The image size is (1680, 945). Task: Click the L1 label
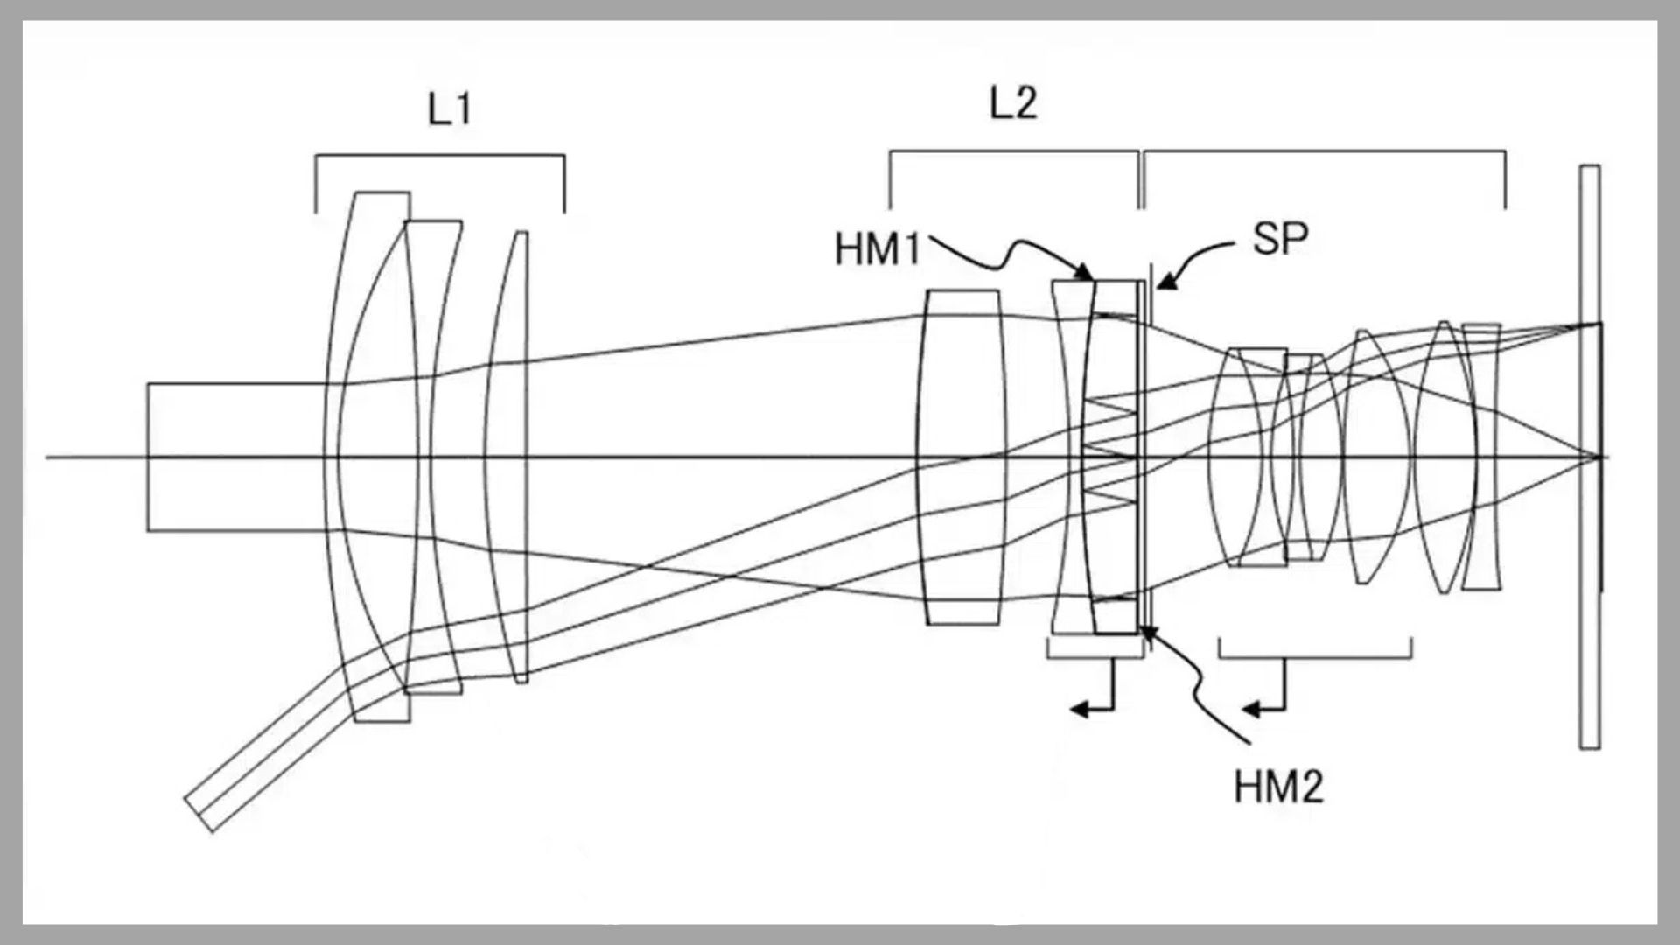coord(450,110)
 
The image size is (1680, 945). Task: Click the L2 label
coord(1013,104)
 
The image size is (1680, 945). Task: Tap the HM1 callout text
coord(878,249)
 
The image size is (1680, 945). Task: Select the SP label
coord(1280,239)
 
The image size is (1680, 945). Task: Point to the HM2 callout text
coord(1278,787)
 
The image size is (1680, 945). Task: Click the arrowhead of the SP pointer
coord(1163,283)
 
